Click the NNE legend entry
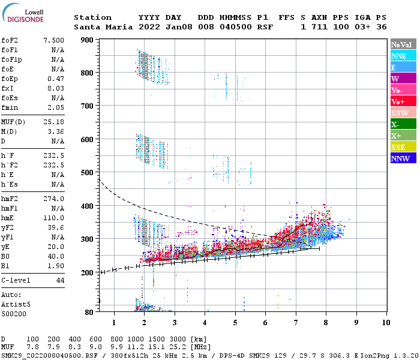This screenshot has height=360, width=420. (403, 56)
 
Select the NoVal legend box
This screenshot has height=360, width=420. (403, 44)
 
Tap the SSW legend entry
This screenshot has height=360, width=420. (403, 113)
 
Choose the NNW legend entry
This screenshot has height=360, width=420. (403, 158)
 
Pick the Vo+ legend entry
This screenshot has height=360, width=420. (403, 101)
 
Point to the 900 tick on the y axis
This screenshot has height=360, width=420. (87, 40)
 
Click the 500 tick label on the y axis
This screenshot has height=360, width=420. (87, 173)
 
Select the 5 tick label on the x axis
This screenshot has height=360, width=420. (235, 323)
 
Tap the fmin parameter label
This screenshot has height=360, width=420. (11, 107)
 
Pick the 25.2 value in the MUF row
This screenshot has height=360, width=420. (182, 347)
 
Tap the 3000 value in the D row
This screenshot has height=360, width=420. (182, 339)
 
